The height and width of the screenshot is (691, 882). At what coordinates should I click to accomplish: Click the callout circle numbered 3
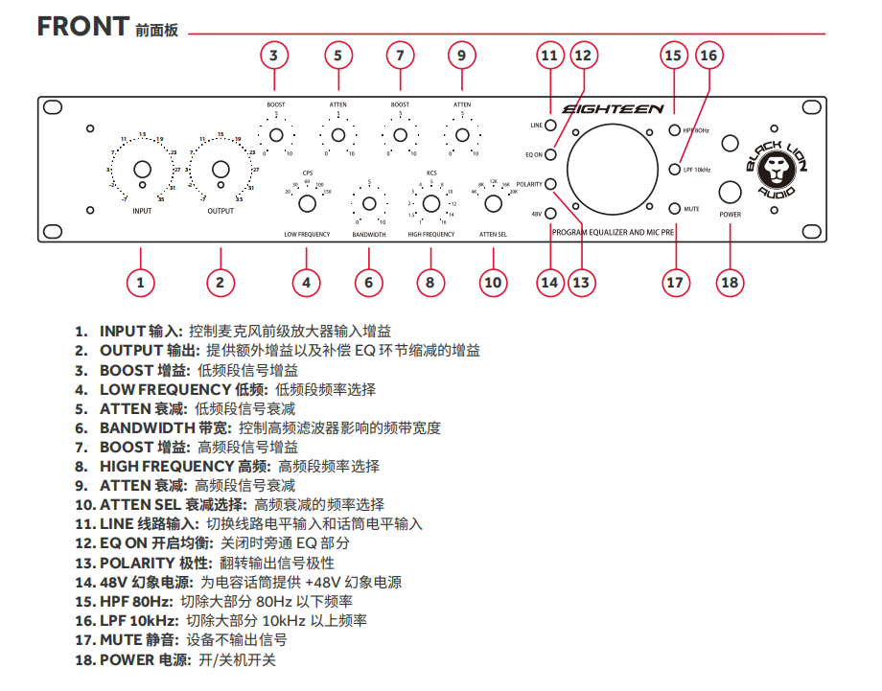(x=274, y=56)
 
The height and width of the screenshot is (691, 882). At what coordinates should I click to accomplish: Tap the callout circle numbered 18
(x=731, y=282)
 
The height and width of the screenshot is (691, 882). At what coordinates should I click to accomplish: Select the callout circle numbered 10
(x=493, y=282)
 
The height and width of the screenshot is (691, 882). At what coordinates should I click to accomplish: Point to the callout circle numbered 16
(x=708, y=56)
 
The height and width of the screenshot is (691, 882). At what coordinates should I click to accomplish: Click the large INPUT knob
(x=141, y=170)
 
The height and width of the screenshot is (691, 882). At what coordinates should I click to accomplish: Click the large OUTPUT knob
(x=220, y=170)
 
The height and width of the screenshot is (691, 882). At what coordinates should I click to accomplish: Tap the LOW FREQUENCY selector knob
(x=308, y=203)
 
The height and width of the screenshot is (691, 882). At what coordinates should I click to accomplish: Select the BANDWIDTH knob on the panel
(x=369, y=203)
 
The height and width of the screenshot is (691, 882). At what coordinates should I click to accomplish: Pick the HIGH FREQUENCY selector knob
(x=431, y=203)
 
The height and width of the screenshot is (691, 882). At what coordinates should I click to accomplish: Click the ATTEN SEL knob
(x=493, y=203)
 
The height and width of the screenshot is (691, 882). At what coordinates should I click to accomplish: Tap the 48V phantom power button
(x=551, y=215)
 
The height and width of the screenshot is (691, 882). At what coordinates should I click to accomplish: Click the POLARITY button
(x=551, y=184)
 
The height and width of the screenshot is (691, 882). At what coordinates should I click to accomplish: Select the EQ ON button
(x=551, y=154)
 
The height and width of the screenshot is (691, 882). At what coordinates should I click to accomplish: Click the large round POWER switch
(x=731, y=190)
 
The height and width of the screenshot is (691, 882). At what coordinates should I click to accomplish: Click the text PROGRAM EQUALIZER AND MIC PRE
(x=615, y=233)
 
